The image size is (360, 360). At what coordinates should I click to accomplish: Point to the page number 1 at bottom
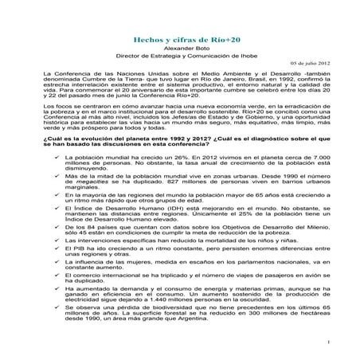[x=329, y=341]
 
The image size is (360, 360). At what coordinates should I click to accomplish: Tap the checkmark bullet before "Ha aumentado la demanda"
[x=55, y=308]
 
